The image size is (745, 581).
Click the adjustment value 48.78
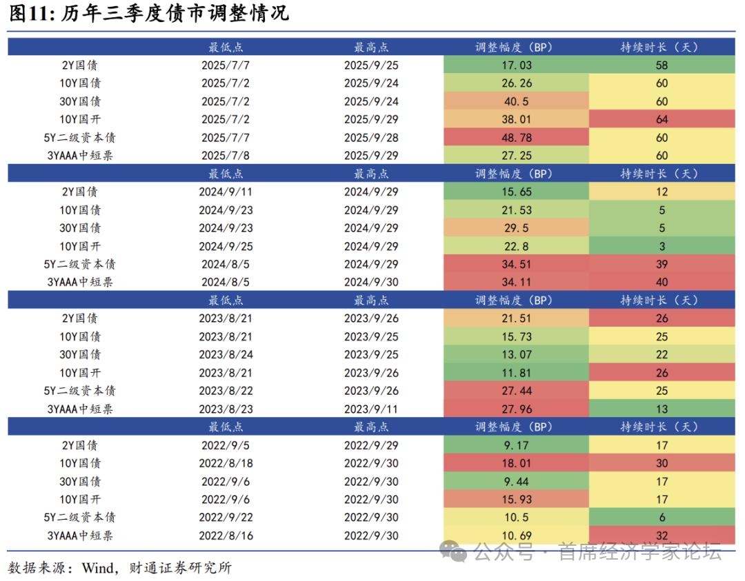[x=517, y=138]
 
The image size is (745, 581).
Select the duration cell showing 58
[x=662, y=65]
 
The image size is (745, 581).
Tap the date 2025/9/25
[x=371, y=65]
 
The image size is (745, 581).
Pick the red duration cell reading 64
[x=662, y=119]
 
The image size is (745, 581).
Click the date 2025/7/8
[x=225, y=156]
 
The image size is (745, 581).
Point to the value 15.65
[x=517, y=192]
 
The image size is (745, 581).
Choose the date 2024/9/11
[x=225, y=192]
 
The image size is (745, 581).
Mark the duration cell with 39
[x=662, y=265]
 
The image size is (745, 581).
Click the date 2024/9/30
[x=371, y=283]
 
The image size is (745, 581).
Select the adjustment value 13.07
[x=517, y=354]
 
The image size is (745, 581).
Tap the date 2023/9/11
[x=371, y=409]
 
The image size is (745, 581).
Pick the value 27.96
[x=517, y=409]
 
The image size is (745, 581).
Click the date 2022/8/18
[x=225, y=463]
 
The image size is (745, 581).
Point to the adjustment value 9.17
[x=517, y=445]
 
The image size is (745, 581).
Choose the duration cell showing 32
[x=662, y=536]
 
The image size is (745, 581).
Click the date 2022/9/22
[x=225, y=518]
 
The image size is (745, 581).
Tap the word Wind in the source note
[x=98, y=568]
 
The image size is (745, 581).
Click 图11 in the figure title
[x=29, y=13]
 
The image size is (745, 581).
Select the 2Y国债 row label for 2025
[x=79, y=65]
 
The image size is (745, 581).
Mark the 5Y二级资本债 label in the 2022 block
[x=79, y=518]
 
